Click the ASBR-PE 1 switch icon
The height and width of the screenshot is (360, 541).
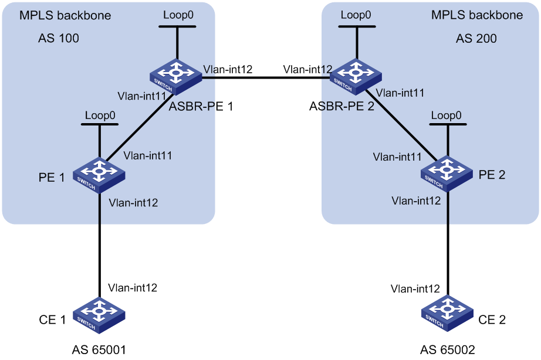(x=176, y=77)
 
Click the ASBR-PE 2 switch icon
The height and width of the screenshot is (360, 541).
(x=356, y=77)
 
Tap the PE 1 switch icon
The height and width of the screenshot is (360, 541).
(x=99, y=175)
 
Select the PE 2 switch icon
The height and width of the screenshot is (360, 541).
(x=447, y=174)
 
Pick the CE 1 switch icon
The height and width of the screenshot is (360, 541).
(x=99, y=315)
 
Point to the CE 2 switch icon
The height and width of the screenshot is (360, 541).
(x=448, y=314)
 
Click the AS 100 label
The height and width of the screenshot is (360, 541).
(x=58, y=38)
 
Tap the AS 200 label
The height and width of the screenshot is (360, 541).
(x=476, y=38)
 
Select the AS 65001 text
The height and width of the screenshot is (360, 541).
(x=99, y=350)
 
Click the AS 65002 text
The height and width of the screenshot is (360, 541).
(x=448, y=350)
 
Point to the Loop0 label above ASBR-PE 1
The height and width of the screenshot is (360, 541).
(x=178, y=15)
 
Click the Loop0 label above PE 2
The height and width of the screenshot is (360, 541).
(x=446, y=115)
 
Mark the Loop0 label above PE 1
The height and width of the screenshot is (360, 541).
(x=100, y=115)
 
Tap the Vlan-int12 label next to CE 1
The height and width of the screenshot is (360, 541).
(x=133, y=287)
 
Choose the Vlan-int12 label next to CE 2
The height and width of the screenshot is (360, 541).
(x=415, y=288)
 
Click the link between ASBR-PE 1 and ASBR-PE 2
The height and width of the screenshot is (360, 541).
(x=266, y=77)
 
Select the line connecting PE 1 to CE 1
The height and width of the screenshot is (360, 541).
(x=100, y=245)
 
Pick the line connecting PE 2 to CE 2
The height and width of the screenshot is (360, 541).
(x=448, y=244)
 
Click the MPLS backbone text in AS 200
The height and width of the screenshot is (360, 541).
(x=477, y=15)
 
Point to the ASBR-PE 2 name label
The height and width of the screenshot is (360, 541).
(x=341, y=106)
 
